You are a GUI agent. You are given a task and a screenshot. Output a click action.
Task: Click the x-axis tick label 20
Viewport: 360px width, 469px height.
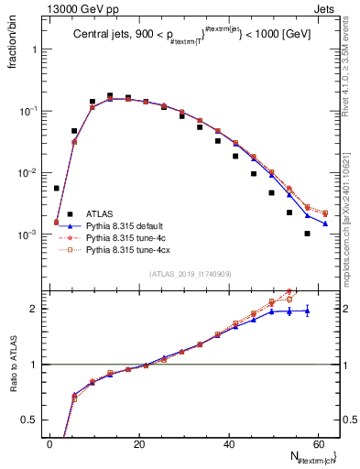coord(138,444)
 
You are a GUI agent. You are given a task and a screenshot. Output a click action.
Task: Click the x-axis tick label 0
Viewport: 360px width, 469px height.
coord(49,444)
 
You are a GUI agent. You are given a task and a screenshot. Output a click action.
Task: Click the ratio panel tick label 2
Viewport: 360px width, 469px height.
coord(37,309)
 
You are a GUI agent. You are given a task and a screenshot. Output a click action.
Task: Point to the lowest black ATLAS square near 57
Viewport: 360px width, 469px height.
coord(308,234)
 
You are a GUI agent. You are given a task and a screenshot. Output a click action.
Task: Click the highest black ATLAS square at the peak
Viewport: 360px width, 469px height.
coord(110,95)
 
